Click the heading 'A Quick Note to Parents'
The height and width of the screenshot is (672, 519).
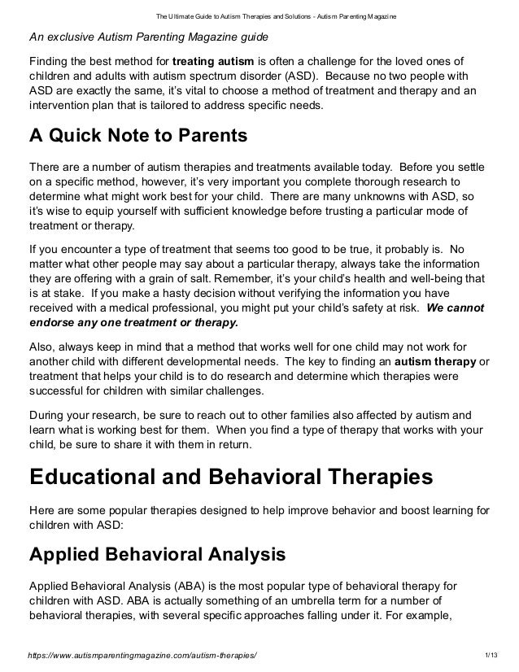click(x=137, y=135)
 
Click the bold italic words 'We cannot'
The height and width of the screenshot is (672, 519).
click(x=456, y=308)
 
